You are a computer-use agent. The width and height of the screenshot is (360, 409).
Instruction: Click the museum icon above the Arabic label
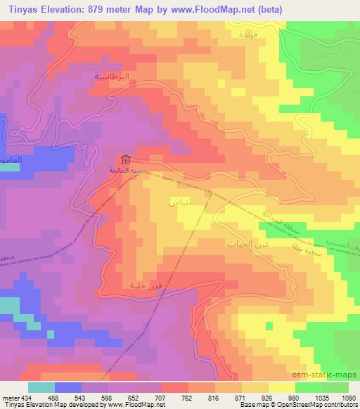pyautogui.click(x=124, y=160)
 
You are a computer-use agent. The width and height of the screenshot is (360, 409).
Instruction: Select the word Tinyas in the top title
pyautogui.click(x=22, y=9)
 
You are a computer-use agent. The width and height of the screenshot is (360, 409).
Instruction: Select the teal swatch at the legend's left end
pyautogui.click(x=41, y=387)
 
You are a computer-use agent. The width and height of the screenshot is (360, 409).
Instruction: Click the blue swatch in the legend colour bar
pyautogui.click(x=67, y=387)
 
